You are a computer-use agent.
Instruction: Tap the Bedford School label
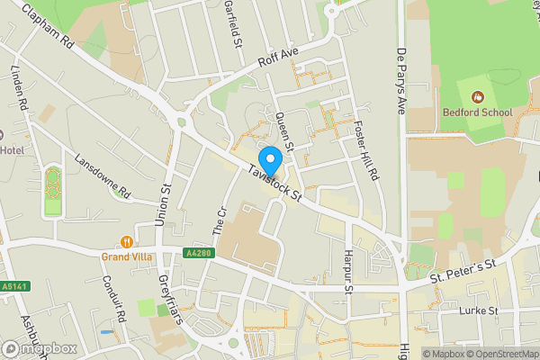pyautogui.click(x=477, y=112)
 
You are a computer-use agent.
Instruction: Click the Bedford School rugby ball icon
pyautogui.click(x=477, y=95)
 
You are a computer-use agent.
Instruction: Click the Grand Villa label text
pyautogui.click(x=124, y=256)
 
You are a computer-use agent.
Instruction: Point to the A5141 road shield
pyautogui.click(x=13, y=286)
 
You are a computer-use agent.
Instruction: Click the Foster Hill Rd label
pyautogui.click(x=365, y=148)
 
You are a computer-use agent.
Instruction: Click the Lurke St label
pyautogui.click(x=478, y=310)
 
